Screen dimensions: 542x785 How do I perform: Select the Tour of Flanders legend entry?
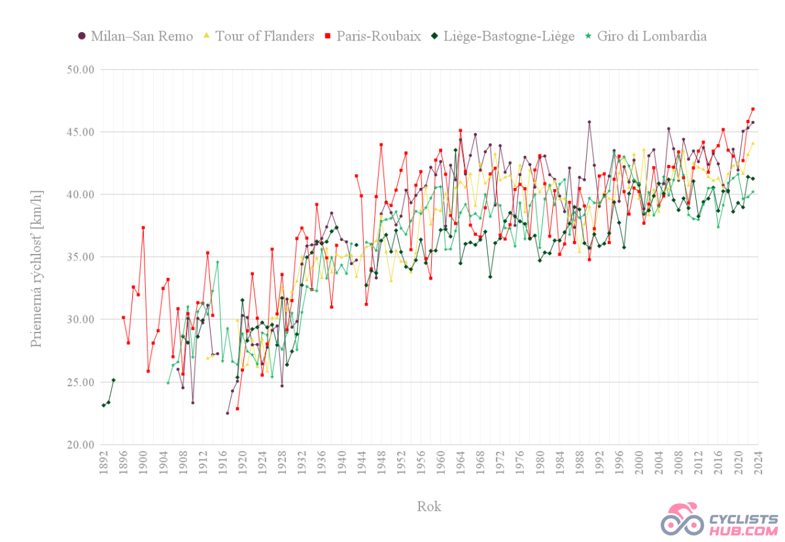coord(259,36)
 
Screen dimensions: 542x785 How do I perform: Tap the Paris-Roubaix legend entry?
coord(373,36)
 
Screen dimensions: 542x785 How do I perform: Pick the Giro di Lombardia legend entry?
coord(645,36)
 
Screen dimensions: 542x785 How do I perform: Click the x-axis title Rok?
coord(429,506)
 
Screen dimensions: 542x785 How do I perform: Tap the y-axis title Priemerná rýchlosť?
coord(37,257)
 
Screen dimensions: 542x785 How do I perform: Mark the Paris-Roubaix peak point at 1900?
coord(143,228)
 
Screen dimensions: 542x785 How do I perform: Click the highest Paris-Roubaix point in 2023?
coord(753,109)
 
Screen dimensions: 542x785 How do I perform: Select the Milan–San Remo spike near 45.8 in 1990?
coord(589,122)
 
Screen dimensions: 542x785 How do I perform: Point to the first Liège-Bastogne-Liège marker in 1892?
coord(103,405)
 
